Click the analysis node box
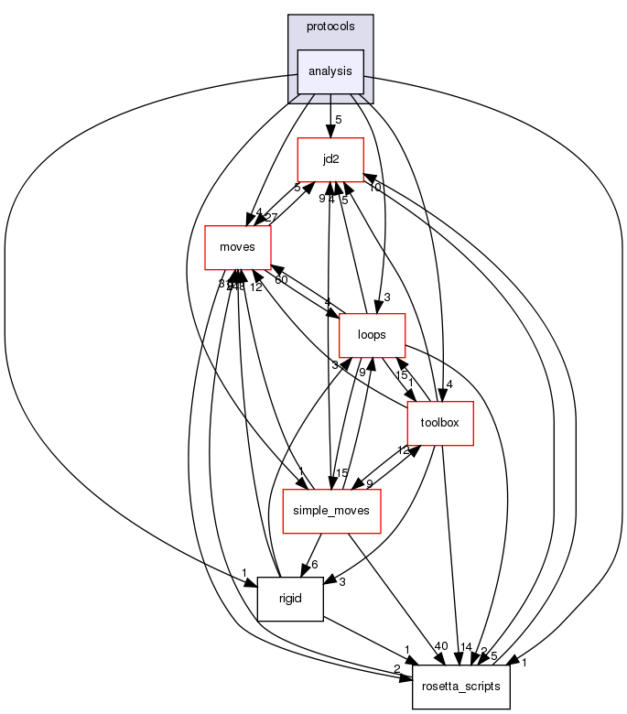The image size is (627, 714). pyautogui.click(x=330, y=71)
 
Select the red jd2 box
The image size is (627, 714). pyautogui.click(x=330, y=159)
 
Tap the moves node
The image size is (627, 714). pyautogui.click(x=237, y=247)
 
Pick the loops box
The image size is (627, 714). pyautogui.click(x=373, y=335)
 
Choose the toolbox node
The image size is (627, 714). pyautogui.click(x=440, y=423)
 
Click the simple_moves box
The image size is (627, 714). pyautogui.click(x=330, y=511)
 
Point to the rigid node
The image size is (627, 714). pyautogui.click(x=291, y=599)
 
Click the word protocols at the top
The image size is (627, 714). pyautogui.click(x=330, y=27)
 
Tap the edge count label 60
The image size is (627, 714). pyautogui.click(x=281, y=279)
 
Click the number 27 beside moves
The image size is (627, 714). pyautogui.click(x=270, y=217)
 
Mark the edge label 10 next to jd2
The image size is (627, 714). pyautogui.click(x=374, y=188)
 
